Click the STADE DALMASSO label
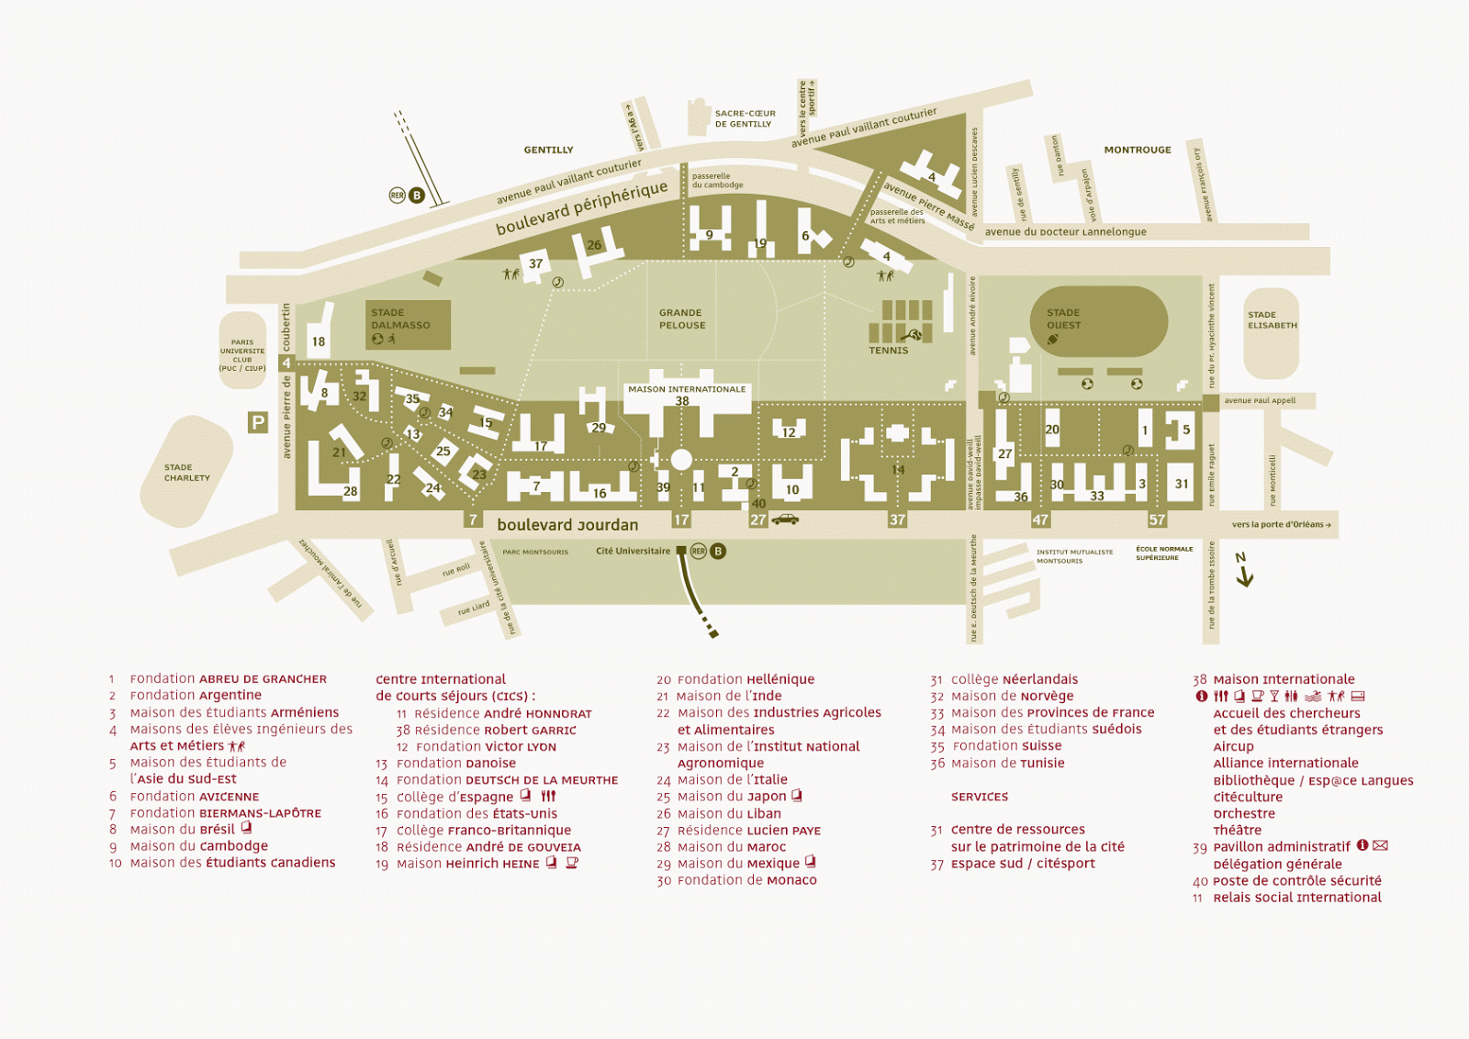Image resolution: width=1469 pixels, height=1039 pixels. click(400, 318)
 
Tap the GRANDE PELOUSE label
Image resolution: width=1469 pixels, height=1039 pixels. click(682, 318)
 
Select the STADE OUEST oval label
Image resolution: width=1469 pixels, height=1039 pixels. click(1063, 318)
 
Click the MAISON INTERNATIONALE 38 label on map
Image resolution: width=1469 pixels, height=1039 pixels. click(687, 394)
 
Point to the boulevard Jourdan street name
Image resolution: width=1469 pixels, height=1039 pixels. click(567, 525)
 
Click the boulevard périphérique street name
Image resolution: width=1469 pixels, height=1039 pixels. click(581, 208)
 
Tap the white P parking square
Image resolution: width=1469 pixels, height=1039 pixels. click(258, 422)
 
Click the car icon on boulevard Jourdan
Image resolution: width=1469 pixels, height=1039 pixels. click(785, 519)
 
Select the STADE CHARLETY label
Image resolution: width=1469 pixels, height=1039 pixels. click(187, 473)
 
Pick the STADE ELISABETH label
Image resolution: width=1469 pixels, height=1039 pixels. click(1273, 319)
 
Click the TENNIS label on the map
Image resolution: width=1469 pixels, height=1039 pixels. click(888, 351)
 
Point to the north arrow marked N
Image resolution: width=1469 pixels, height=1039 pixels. click(1244, 570)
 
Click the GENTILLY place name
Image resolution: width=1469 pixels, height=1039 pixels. click(548, 150)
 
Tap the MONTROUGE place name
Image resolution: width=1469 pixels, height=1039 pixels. click(1138, 150)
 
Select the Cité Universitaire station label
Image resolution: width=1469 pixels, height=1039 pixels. click(633, 552)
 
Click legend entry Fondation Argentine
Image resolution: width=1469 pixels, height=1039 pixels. click(195, 696)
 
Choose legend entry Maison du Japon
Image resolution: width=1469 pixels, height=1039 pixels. click(732, 797)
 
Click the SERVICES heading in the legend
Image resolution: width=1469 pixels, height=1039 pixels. click(980, 797)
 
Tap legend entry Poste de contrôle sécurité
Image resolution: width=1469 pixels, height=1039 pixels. click(1296, 881)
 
